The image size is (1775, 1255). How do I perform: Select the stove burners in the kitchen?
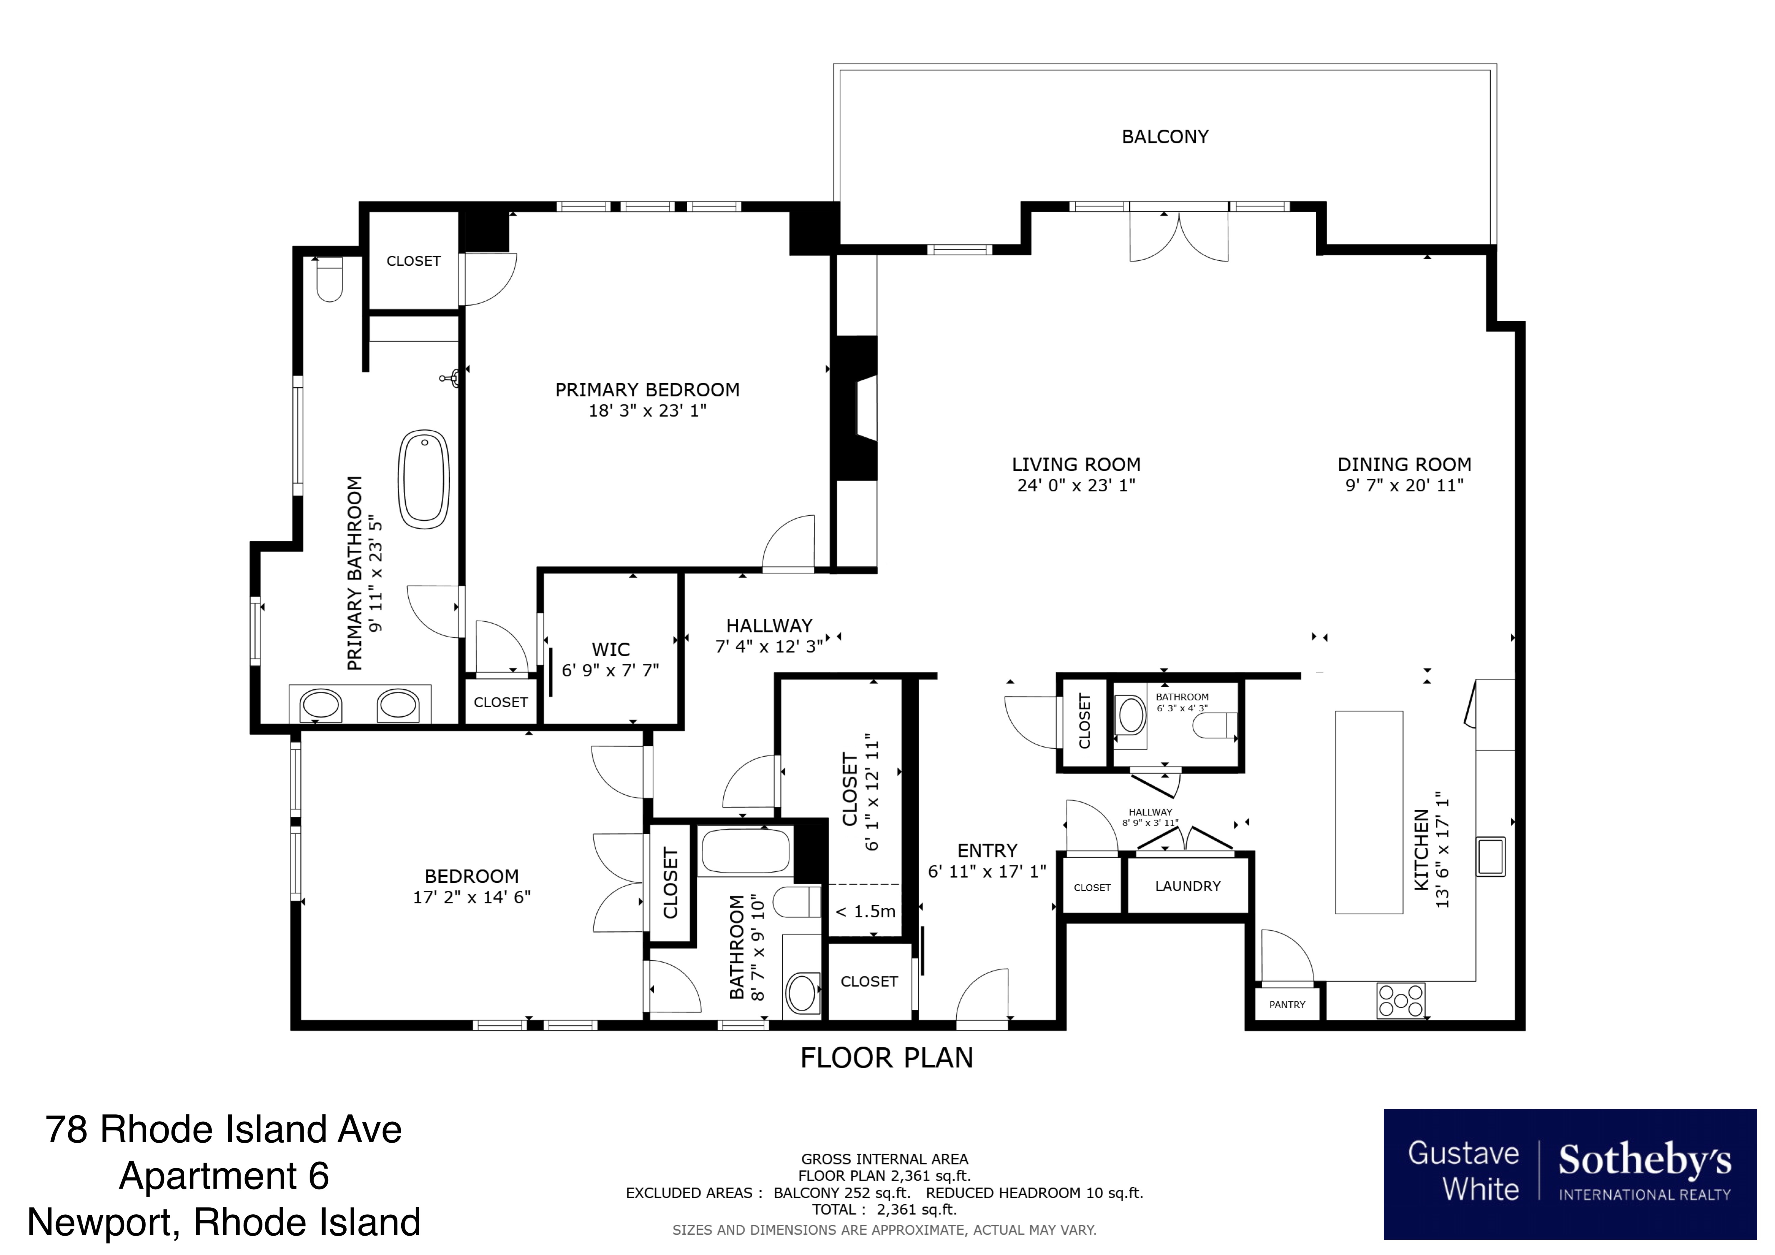pyautogui.click(x=1400, y=1000)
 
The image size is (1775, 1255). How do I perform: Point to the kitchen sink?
pyautogui.click(x=1490, y=856)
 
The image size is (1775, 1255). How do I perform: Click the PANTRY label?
pyautogui.click(x=1286, y=1005)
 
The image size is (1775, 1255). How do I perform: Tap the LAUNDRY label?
pyautogui.click(x=1187, y=886)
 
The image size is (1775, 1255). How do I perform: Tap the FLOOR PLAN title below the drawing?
pyautogui.click(x=887, y=1058)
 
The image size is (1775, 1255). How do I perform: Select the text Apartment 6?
pyautogui.click(x=224, y=1176)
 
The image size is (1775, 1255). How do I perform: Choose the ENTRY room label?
pyautogui.click(x=987, y=851)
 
